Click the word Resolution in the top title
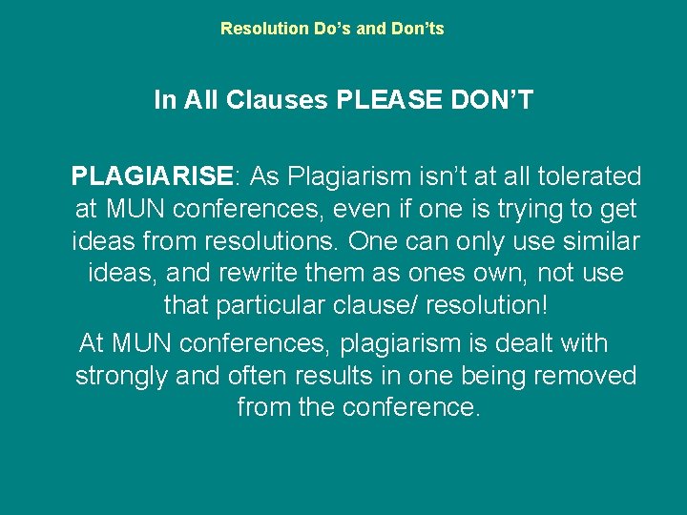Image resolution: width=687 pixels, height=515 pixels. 257,29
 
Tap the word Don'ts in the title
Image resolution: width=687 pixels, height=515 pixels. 417,29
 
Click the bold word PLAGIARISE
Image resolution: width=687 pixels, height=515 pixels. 152,176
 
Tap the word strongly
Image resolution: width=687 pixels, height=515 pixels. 120,376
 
